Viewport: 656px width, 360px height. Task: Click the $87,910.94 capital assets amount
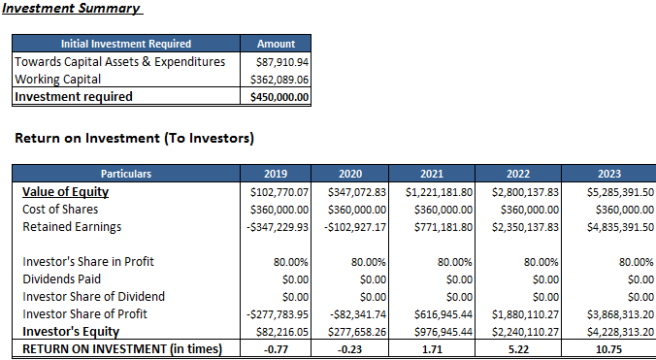click(282, 61)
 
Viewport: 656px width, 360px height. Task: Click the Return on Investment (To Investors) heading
click(135, 139)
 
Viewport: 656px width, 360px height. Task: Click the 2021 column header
click(432, 174)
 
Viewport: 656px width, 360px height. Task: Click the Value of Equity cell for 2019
click(279, 191)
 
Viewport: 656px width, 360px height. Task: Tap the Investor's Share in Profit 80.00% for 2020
click(369, 261)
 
